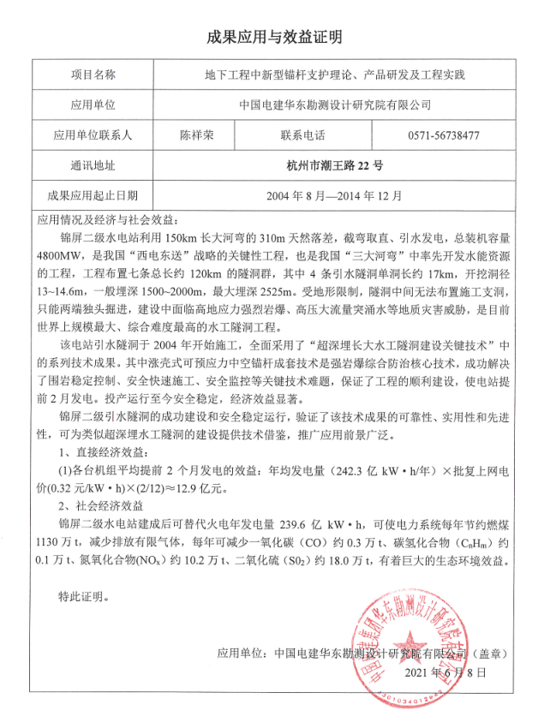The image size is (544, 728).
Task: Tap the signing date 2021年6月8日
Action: coord(450,674)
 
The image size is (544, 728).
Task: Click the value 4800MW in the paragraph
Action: coord(57,253)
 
